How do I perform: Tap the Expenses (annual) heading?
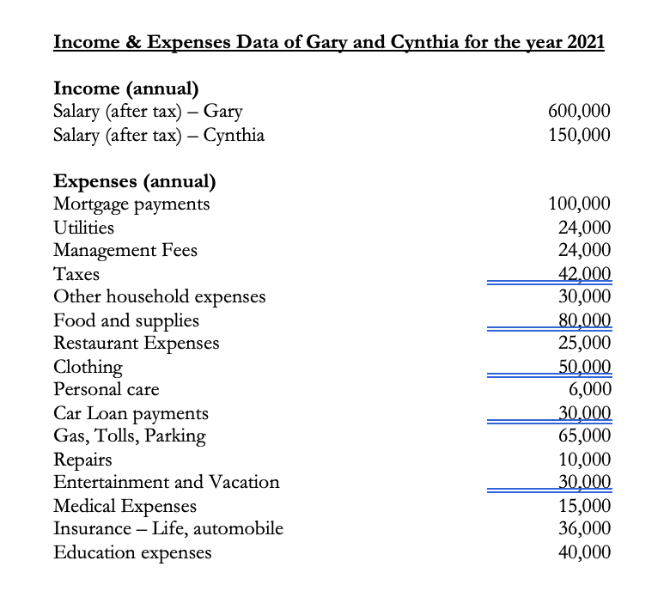[x=134, y=181]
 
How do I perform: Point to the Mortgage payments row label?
[x=131, y=204]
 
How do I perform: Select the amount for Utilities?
[x=584, y=228]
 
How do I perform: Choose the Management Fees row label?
[x=125, y=251]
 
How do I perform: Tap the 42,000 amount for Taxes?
[x=584, y=274]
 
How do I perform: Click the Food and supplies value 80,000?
[x=584, y=320]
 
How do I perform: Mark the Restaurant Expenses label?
[x=136, y=344]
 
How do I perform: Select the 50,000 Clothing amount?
[x=584, y=367]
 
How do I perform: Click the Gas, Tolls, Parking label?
[x=130, y=436]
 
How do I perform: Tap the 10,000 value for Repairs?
[x=584, y=459]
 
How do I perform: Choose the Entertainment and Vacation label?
[x=167, y=482]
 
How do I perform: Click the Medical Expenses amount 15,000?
[x=584, y=505]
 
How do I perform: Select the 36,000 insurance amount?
[x=584, y=528]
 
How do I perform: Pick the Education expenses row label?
[x=132, y=552]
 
